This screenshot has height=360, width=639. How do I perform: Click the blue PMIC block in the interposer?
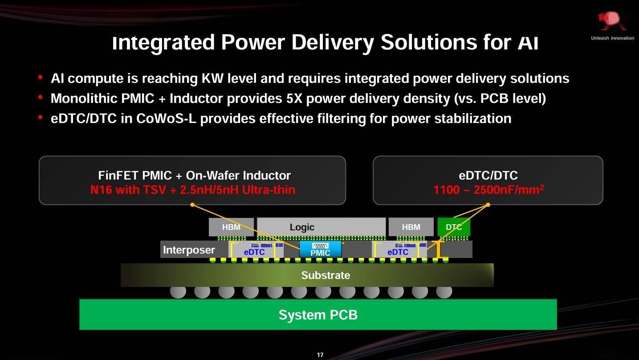coord(320,249)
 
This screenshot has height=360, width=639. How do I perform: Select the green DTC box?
coord(454,227)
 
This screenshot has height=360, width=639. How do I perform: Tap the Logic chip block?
coord(321,227)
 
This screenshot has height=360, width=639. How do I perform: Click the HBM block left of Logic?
coord(231,227)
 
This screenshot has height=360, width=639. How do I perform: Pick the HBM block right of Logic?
coord(411,227)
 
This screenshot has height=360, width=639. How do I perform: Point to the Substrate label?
coord(326,275)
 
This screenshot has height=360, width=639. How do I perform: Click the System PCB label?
coord(318,315)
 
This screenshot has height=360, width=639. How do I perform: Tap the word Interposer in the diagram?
coord(189,250)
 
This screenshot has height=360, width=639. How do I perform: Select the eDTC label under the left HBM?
coord(254,252)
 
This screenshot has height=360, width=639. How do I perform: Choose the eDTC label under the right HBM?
coord(398,252)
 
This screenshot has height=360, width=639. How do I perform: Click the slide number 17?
coord(320,355)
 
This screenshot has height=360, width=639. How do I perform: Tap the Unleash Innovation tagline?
coord(612,38)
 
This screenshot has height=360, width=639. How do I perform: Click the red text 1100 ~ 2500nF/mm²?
coord(488,189)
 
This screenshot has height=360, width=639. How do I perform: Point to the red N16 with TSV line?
coord(192,190)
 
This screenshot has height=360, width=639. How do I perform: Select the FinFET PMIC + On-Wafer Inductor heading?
coord(194,175)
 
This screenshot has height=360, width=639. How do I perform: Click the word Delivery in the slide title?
coord(333,42)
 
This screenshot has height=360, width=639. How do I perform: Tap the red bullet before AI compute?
coord(40,78)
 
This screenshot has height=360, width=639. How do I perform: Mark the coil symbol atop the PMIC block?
coord(320,246)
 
